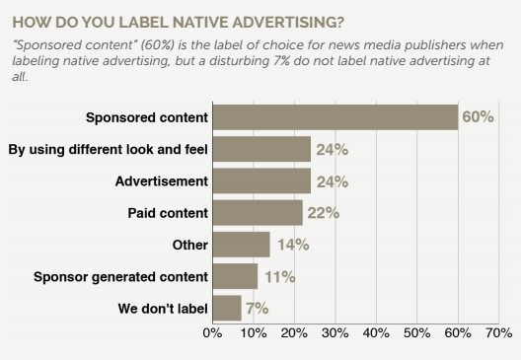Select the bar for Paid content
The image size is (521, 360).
(x=258, y=212)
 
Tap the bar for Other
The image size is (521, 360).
(x=241, y=244)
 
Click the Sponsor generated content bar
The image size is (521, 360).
(x=235, y=275)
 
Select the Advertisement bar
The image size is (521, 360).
(x=261, y=180)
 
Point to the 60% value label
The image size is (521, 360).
(x=478, y=117)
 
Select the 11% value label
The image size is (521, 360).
(x=278, y=276)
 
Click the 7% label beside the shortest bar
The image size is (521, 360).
(x=257, y=308)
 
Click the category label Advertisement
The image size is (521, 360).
(x=163, y=181)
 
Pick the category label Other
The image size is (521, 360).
(x=189, y=245)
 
